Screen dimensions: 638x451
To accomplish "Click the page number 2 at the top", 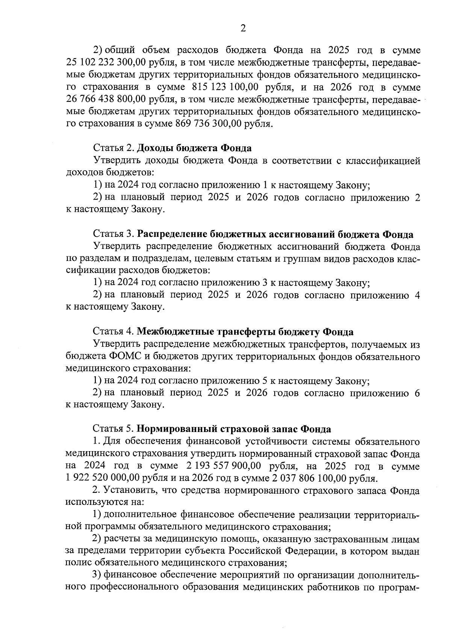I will pyautogui.click(x=243, y=29).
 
